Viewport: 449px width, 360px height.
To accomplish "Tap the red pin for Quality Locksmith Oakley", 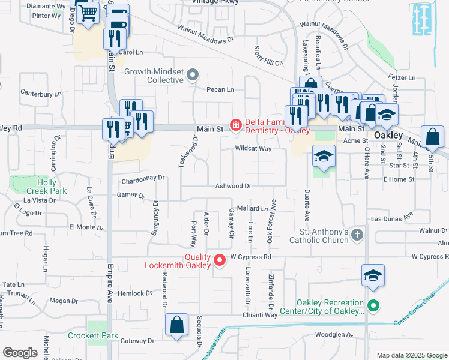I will pos(220,260).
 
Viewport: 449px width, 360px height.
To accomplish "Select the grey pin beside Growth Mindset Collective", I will pos(192,76).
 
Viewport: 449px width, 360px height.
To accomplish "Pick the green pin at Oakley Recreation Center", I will pos(373,307).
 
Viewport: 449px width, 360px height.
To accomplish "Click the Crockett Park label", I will pos(92,335).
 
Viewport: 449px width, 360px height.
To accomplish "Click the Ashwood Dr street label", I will pos(234,187).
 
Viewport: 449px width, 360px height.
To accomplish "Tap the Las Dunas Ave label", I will pos(392,219).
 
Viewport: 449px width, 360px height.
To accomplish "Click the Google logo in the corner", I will pos(20,353).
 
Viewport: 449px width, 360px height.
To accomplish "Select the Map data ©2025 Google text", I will pos(411,355).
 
